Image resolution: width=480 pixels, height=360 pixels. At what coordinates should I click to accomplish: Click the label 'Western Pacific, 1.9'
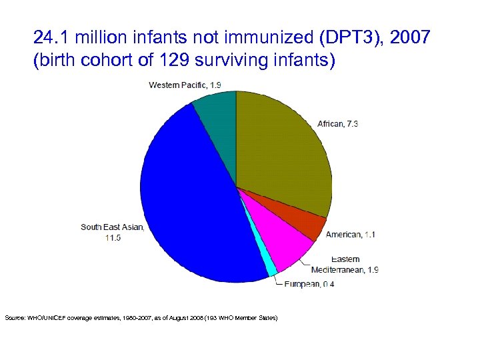184,85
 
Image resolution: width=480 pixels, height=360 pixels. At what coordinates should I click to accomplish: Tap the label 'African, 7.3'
337,124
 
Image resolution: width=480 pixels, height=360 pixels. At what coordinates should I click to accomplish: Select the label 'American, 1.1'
352,235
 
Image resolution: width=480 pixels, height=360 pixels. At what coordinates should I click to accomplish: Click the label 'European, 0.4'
309,284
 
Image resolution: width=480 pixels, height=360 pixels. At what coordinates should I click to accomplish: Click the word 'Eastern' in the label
345,259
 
